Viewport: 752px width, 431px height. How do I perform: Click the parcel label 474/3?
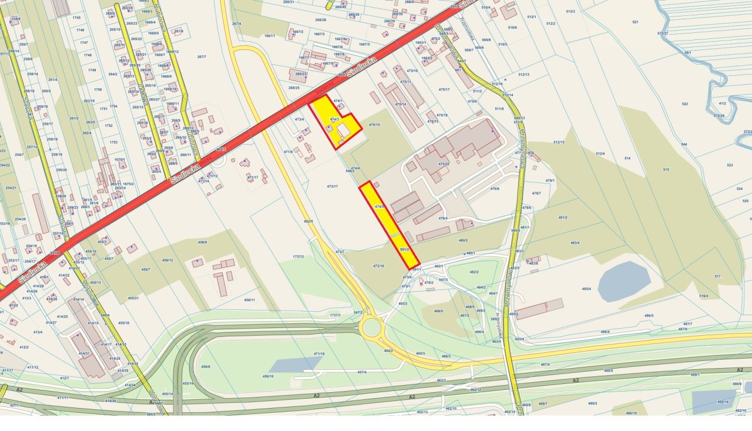click(x=334, y=119)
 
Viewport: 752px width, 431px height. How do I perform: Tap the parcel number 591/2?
click(x=404, y=249)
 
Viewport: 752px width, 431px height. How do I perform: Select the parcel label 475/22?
click(x=444, y=164)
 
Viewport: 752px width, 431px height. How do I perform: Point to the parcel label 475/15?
click(x=374, y=125)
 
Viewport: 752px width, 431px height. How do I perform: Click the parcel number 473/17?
click(x=333, y=186)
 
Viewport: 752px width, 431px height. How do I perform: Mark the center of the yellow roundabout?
click(x=371, y=328)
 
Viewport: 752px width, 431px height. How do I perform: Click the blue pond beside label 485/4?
click(x=624, y=281)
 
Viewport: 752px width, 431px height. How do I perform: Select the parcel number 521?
click(x=635, y=22)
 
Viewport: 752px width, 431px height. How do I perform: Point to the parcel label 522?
click(x=684, y=104)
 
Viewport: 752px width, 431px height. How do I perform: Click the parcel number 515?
click(x=666, y=169)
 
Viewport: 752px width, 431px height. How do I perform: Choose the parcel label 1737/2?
click(x=298, y=256)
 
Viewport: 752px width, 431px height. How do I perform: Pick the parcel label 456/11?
click(x=250, y=300)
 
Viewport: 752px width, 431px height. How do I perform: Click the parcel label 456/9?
click(x=203, y=242)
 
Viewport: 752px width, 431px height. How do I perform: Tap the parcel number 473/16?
click(x=378, y=266)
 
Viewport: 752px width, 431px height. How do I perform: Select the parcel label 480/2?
click(x=463, y=240)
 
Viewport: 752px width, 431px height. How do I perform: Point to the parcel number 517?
click(x=717, y=276)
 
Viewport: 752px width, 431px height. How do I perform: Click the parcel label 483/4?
click(x=574, y=242)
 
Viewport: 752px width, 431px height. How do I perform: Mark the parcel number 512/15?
click(x=559, y=142)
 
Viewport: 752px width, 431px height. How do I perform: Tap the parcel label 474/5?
click(x=380, y=206)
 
